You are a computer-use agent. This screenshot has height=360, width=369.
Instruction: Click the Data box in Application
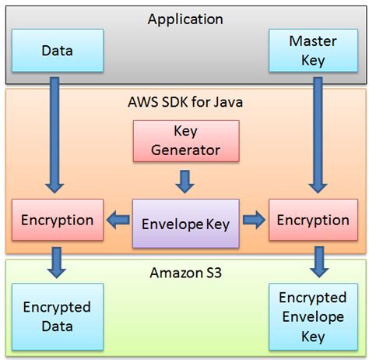pos(56,51)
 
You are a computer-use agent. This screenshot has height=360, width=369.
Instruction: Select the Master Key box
pos(311,51)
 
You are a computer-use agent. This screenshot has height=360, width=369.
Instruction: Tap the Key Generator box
pos(184,140)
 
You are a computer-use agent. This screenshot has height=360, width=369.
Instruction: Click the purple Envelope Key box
pos(185,224)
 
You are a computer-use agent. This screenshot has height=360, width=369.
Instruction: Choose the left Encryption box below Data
pos(58,220)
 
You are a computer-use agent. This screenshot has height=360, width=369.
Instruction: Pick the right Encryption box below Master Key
pos(313,220)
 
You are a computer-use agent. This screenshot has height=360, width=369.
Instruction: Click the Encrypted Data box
pos(56,316)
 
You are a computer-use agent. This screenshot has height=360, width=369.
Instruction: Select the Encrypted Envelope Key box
pos(312,317)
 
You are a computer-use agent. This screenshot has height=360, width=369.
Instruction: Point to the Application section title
pos(185,19)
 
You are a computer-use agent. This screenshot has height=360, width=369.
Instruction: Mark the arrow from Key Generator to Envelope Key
pos(184,182)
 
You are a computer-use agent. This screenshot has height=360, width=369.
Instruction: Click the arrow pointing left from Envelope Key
pos(117,221)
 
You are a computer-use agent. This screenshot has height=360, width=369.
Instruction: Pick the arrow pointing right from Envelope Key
pos(253,221)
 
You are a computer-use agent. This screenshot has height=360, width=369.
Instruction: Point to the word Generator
pos(184,150)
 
